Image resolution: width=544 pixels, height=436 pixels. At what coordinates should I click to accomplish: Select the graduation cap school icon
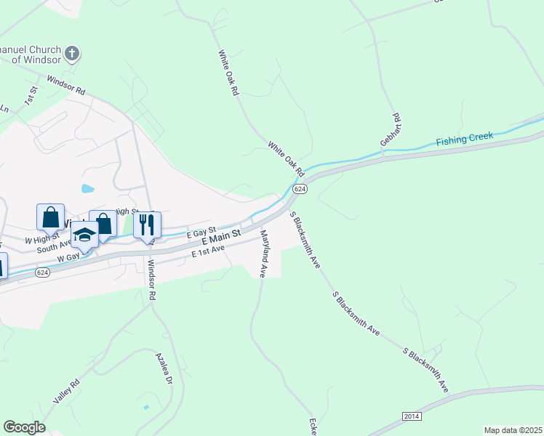[x=84, y=235]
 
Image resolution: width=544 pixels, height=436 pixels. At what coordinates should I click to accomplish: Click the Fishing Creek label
[x=465, y=138]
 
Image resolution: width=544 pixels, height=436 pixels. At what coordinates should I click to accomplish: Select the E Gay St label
[x=201, y=231]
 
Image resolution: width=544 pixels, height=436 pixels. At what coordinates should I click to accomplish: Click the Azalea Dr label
[x=164, y=369]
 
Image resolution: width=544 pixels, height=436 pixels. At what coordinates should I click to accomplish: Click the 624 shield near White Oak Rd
[x=300, y=188]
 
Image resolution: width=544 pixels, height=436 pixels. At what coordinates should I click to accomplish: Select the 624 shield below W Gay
[x=42, y=272]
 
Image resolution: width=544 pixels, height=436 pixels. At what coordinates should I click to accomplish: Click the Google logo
[x=24, y=427]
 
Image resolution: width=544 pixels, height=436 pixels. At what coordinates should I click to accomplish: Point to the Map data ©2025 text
[x=513, y=430]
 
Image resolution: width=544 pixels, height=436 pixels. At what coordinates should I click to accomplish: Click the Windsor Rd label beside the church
[x=66, y=85]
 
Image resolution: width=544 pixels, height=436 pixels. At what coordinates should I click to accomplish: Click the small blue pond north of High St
[x=88, y=189]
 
